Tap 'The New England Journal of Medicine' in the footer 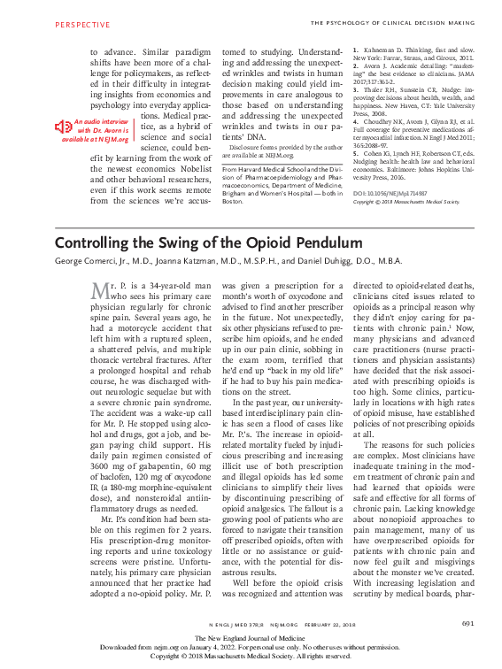coord(251,638)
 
